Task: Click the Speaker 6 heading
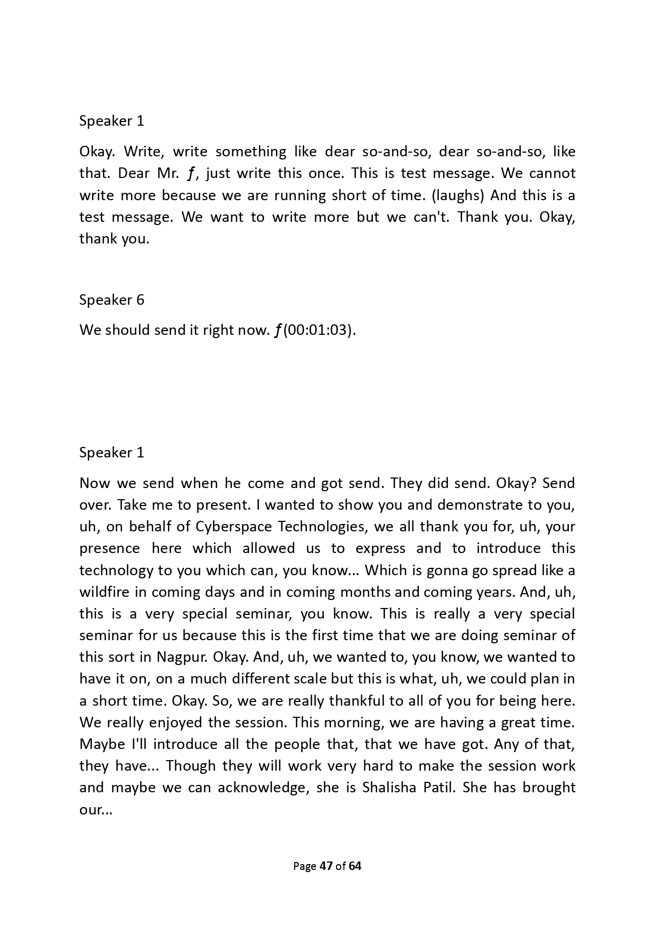[x=111, y=300]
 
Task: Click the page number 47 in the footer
[x=326, y=866]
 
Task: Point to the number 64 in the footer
[x=355, y=866]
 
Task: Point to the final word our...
[x=96, y=810]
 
